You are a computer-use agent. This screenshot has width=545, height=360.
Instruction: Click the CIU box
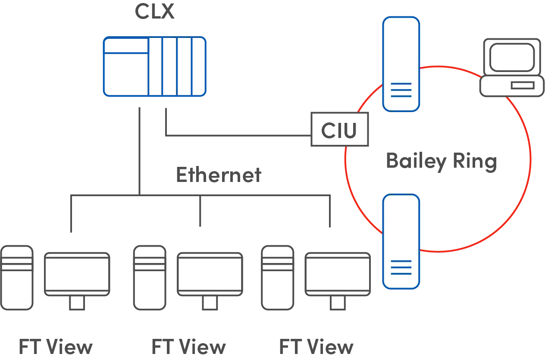[x=339, y=130]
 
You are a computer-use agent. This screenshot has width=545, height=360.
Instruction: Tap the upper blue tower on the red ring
[x=401, y=65]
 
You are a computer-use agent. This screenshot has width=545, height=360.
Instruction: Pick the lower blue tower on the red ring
[x=401, y=241]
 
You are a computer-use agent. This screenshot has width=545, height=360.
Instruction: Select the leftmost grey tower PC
[x=17, y=278]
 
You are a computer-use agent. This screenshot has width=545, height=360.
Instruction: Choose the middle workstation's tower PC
[x=149, y=278]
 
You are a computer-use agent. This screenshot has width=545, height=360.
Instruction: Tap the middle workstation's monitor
[x=210, y=274]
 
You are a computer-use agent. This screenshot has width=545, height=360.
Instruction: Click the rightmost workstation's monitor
[x=338, y=274]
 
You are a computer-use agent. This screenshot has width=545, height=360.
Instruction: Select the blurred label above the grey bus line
[x=219, y=175]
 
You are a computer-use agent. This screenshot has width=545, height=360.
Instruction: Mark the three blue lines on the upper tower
[x=401, y=90]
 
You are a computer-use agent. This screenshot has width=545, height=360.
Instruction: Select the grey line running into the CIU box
[x=237, y=137]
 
